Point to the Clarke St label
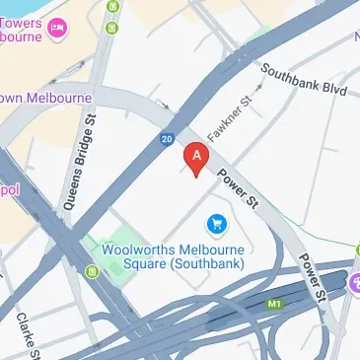[x=29, y=336]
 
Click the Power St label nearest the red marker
[x=237, y=188]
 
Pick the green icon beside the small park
[x=93, y=271]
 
